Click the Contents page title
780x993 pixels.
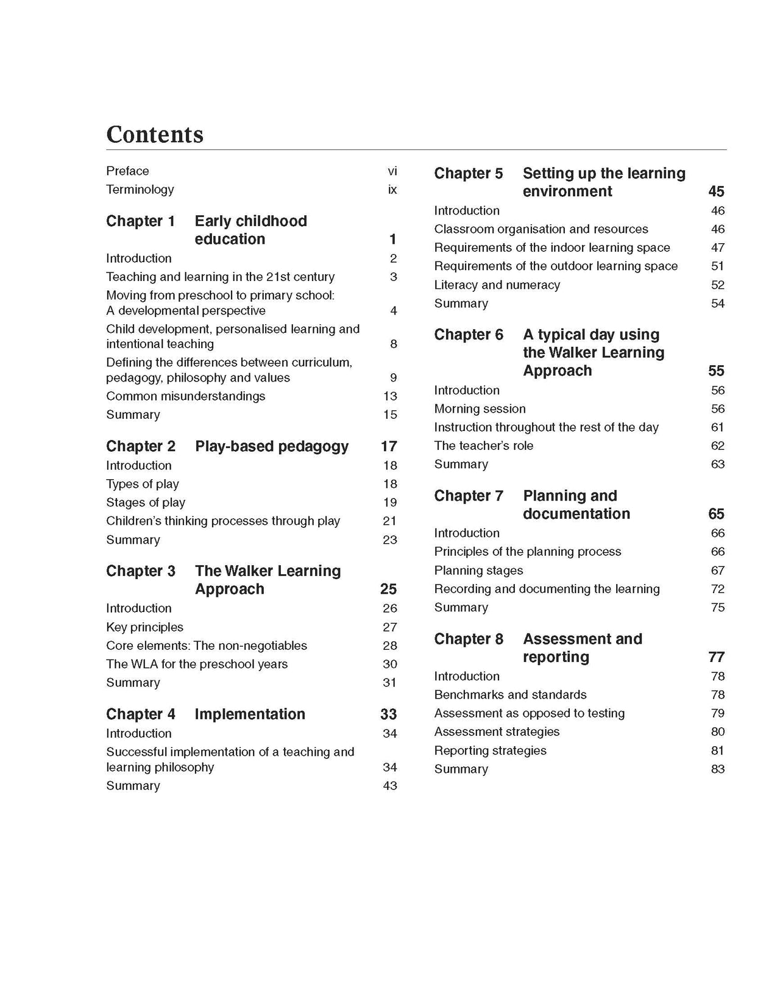coord(155,135)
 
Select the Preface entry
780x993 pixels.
coord(127,171)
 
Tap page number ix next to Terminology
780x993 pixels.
coord(392,190)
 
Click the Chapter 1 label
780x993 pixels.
coord(141,221)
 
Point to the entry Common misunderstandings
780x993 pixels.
coord(186,396)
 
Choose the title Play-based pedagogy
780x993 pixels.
coord(272,446)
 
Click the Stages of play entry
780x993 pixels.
coord(146,502)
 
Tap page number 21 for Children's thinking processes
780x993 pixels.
coord(390,521)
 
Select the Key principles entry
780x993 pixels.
coord(144,627)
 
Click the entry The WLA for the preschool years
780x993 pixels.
coord(197,664)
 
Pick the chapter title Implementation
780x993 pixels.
coord(250,714)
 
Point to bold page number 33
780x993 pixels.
coord(389,714)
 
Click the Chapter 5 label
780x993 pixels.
coord(469,174)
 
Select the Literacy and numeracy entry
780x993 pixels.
coord(497,285)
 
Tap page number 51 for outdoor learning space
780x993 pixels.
coord(718,266)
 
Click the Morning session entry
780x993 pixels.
coord(480,409)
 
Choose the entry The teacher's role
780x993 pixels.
coord(484,446)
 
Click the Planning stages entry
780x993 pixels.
coord(478,571)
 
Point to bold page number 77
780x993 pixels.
coord(717,657)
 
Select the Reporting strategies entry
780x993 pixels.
coord(490,750)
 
